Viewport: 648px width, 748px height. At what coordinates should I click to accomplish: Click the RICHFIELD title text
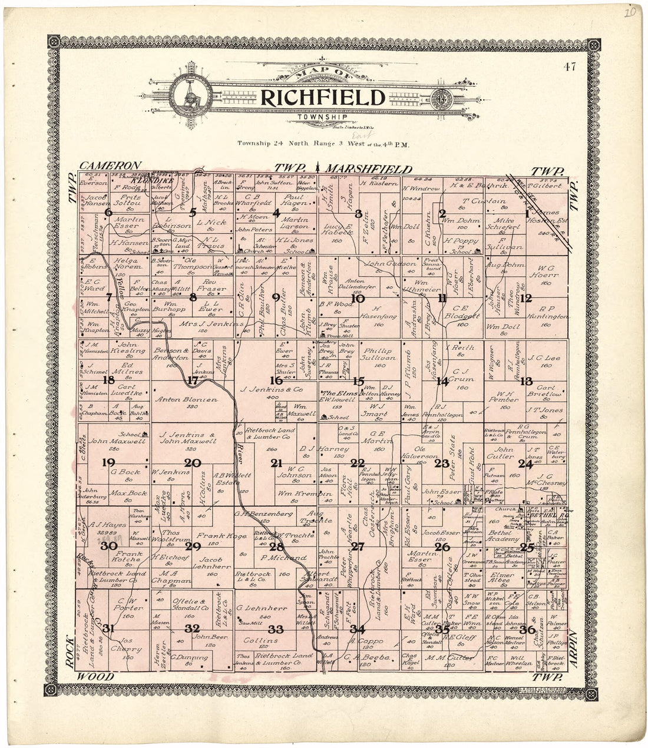click(323, 98)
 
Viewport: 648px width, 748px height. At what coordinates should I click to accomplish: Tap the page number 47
click(569, 66)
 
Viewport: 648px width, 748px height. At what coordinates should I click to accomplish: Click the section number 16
click(276, 380)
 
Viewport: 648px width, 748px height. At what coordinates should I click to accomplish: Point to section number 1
click(527, 214)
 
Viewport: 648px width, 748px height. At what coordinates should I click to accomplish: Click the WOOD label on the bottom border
click(95, 677)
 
